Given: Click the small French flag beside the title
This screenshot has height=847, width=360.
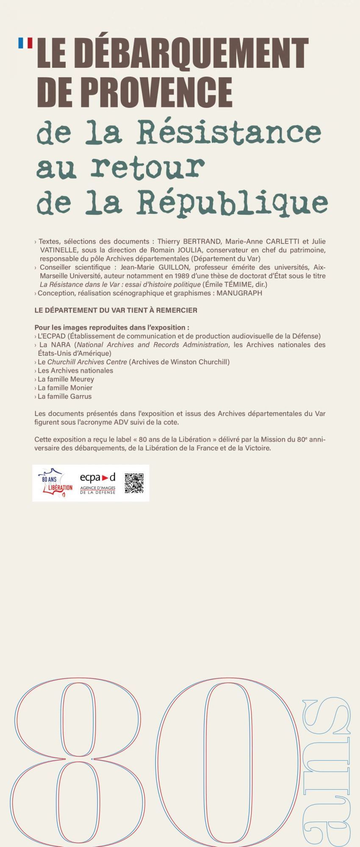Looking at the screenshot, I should pos(25,42).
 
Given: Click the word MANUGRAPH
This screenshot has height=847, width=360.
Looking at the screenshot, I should pos(239,293).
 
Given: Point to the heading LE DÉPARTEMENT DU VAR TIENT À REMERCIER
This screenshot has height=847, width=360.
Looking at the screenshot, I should pos(116,310).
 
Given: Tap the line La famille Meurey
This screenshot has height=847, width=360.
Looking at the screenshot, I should pos(66,379).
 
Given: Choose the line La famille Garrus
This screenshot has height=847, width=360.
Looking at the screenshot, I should pos(64,396).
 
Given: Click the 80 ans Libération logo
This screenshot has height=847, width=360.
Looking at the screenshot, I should pos(55,483).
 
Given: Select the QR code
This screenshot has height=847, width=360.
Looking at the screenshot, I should pos(134,483).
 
